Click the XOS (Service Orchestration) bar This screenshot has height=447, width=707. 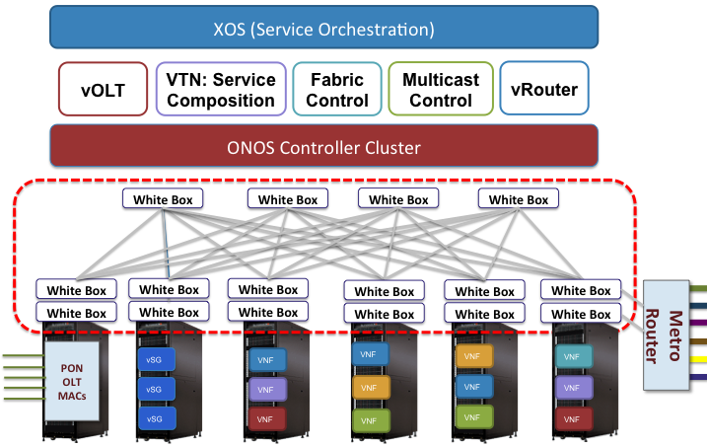tap(323, 27)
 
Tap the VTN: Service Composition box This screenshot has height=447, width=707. tap(221, 90)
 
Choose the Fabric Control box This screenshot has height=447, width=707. tap(338, 90)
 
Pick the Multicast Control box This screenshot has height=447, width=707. tap(441, 90)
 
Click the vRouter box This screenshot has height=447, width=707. tap(544, 90)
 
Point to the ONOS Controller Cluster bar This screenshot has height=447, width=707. tap(323, 148)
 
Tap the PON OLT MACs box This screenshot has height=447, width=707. tap(69, 379)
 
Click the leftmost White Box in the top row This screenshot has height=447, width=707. tap(163, 198)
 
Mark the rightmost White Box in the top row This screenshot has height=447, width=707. tap(518, 198)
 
